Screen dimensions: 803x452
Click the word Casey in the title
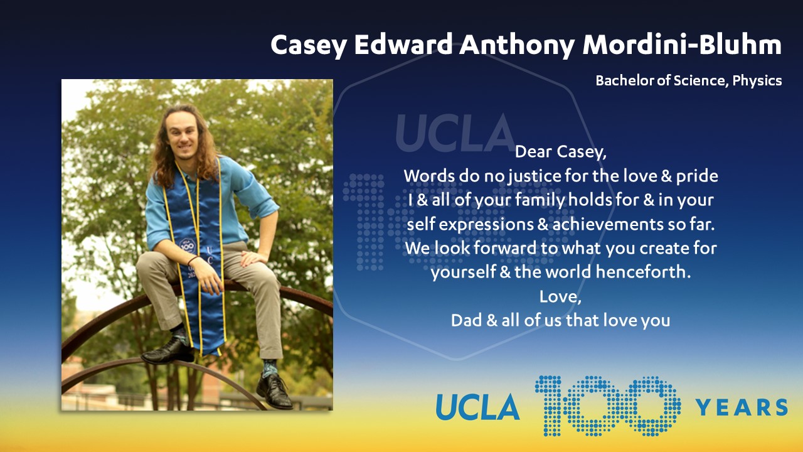click(309, 46)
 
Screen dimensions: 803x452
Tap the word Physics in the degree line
click(757, 81)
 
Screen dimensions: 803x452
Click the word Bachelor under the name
click(624, 80)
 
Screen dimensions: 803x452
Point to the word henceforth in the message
click(643, 272)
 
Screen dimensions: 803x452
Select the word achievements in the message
click(608, 224)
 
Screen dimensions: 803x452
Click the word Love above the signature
click(560, 297)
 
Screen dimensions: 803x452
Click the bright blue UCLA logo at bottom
click(477, 407)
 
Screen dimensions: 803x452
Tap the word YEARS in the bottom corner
click(742, 407)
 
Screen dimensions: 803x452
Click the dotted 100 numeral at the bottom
click(607, 406)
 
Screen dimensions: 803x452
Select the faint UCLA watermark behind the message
click(455, 132)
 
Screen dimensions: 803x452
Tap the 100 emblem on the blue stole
click(187, 246)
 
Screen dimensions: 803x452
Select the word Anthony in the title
click(517, 46)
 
